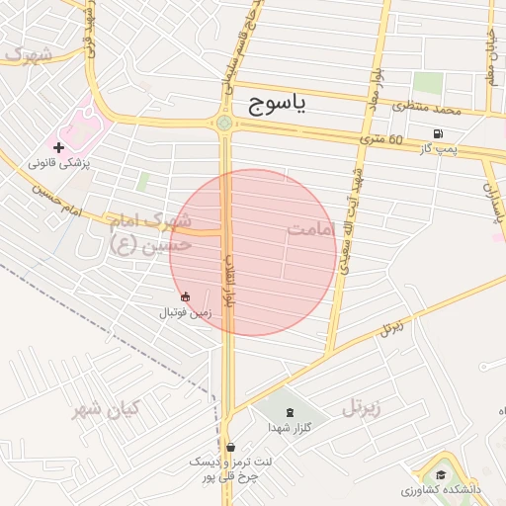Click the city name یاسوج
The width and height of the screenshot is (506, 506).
[279, 102]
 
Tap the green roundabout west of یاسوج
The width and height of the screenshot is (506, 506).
[224, 124]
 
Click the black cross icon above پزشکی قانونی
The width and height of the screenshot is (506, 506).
[59, 147]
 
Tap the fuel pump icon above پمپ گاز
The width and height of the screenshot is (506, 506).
[437, 133]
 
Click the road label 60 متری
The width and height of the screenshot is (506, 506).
[382, 140]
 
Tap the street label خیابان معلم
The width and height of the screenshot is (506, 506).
[491, 59]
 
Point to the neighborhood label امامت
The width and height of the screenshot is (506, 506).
[312, 229]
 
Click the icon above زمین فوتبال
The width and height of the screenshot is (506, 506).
[185, 295]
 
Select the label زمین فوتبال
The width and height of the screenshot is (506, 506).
[186, 312]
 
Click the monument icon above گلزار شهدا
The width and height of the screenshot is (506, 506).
[289, 412]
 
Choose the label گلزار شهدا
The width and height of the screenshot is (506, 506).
[290, 428]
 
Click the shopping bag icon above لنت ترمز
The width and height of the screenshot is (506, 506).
[230, 447]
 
